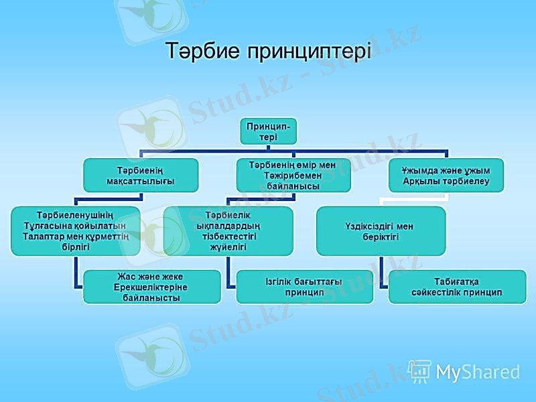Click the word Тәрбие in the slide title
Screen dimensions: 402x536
point(204,51)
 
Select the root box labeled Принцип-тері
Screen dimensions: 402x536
point(269,131)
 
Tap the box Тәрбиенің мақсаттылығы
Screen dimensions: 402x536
point(141,175)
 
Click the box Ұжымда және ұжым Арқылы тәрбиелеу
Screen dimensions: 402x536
point(446,176)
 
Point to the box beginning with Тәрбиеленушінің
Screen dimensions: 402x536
point(75,230)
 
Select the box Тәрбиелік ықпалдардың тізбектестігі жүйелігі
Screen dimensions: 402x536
point(228,230)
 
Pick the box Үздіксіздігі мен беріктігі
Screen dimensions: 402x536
point(381,230)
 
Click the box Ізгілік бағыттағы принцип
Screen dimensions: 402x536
point(304,287)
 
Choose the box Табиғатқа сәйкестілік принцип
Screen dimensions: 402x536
point(458,287)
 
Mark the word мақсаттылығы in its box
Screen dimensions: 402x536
point(141,181)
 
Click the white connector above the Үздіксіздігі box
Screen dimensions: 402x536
point(381,199)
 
